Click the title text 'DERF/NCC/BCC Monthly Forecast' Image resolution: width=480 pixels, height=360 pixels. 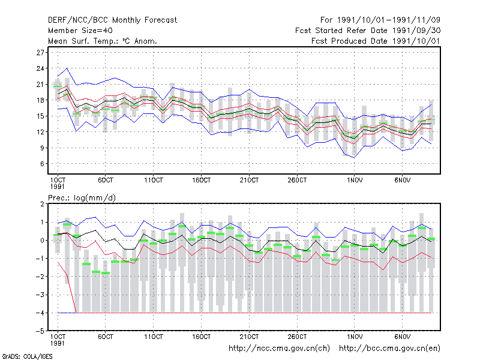(112, 20)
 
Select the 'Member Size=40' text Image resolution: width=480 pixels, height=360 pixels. (80, 31)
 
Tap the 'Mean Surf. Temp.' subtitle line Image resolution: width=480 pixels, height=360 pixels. (102, 41)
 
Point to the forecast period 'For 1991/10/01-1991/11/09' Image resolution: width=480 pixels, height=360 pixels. (380, 20)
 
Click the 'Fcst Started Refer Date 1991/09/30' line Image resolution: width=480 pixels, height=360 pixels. (368, 31)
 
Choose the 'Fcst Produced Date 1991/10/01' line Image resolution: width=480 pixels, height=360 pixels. (376, 41)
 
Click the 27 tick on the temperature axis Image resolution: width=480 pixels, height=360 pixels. (40, 53)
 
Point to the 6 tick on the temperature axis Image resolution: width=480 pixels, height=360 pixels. (42, 164)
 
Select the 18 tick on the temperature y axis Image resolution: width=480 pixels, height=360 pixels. (40, 100)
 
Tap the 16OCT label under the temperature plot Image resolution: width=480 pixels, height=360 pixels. (202, 181)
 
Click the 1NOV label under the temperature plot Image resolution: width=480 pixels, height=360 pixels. (355, 181)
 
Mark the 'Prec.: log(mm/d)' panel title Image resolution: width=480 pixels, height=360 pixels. (82, 198)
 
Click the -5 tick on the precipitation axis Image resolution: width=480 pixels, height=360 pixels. (40, 331)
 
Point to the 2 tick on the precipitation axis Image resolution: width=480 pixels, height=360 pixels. (42, 204)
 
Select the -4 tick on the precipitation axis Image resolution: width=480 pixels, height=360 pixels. (40, 313)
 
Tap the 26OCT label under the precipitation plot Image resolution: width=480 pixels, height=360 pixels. (297, 337)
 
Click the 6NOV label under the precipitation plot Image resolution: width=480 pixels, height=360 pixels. (402, 337)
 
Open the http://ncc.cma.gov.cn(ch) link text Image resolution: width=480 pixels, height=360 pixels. (279, 349)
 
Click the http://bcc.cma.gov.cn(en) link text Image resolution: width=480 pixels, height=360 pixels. (389, 349)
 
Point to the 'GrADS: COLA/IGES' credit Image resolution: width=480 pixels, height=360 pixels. (27, 356)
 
